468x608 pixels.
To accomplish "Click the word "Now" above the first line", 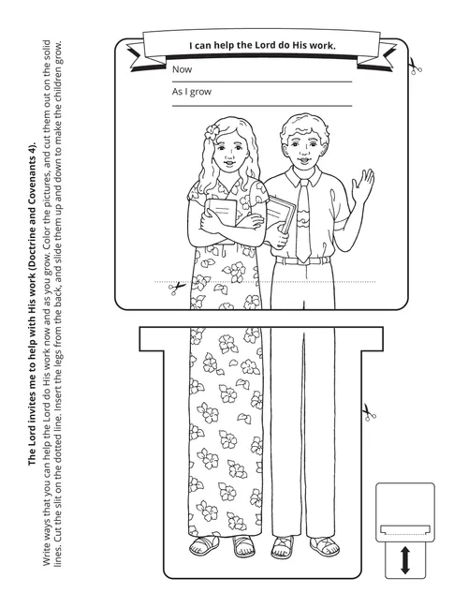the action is [x=182, y=69].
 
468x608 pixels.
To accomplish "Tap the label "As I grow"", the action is [x=191, y=92].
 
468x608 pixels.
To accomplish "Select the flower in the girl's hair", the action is [x=212, y=132].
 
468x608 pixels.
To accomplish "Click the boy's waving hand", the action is [x=362, y=185].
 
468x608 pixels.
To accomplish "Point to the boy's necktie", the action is [x=303, y=221].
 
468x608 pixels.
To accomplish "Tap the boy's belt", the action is [x=301, y=260].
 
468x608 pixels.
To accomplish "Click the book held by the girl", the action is [x=221, y=215].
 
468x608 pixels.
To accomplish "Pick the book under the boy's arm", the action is [x=282, y=215].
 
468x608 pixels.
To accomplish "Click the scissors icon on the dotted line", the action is [x=176, y=289].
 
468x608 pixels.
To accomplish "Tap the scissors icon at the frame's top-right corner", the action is [x=415, y=67].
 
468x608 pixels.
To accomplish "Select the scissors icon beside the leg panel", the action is [x=369, y=412].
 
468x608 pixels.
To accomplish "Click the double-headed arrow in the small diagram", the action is [x=405, y=560].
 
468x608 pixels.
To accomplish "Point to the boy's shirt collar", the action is [x=303, y=176].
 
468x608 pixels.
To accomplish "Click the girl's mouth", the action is [x=229, y=162].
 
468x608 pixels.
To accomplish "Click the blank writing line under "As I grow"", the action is [x=262, y=106].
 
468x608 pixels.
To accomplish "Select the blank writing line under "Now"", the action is [x=262, y=82].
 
